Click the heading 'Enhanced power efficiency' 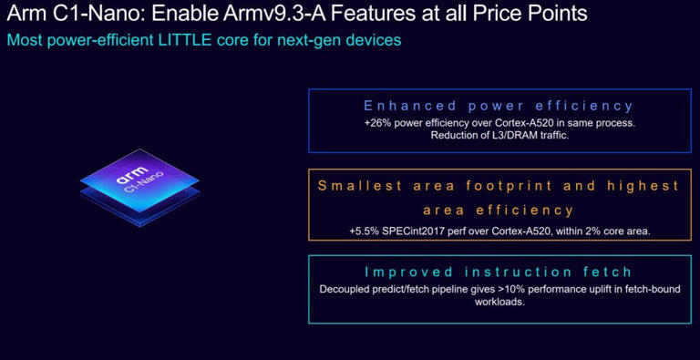coord(499,106)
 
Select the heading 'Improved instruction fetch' coord(499,272)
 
